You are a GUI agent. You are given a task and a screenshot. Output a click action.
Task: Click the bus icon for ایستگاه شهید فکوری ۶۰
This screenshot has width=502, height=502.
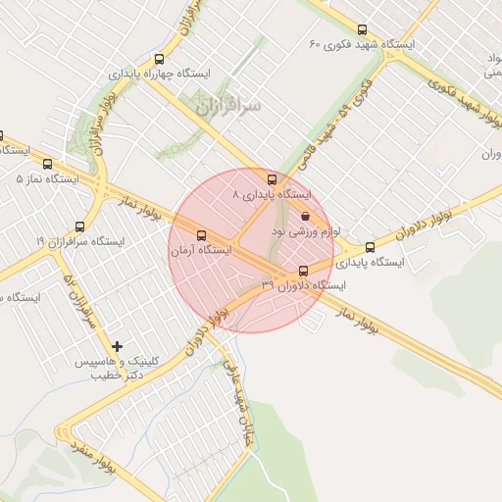coord(364,30)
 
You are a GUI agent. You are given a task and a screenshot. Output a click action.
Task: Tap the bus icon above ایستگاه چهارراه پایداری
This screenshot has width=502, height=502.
coord(160,59)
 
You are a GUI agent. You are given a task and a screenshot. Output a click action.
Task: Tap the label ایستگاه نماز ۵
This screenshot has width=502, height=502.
coord(48,178)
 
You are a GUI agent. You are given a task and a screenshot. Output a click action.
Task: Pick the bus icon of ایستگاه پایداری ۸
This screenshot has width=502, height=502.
coord(273,178)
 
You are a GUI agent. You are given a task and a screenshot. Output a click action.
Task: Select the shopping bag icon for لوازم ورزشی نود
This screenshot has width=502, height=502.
coord(305,216)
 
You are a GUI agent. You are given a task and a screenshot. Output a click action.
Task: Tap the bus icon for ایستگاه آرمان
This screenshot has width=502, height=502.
coord(202,235)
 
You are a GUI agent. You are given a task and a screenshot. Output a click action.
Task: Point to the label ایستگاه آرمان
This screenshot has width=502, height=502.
coord(201,251)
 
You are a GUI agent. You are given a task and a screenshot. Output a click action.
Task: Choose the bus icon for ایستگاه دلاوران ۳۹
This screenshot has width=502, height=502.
coord(302,270)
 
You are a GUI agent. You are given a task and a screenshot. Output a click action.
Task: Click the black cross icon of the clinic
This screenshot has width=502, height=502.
coord(119,346)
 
